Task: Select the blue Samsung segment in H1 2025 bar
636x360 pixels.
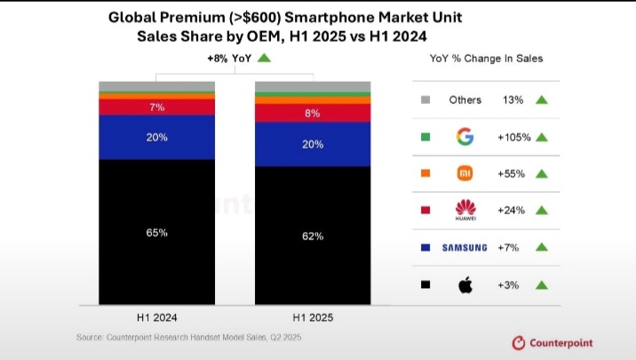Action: [x=313, y=144]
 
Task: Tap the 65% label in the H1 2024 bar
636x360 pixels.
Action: [x=156, y=232]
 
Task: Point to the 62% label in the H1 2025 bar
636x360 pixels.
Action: [x=313, y=236]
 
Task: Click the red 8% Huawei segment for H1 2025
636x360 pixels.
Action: [x=313, y=113]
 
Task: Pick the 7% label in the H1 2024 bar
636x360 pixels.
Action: [x=156, y=107]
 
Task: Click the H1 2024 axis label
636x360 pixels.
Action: [x=156, y=316]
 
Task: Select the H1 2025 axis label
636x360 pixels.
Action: [x=313, y=316]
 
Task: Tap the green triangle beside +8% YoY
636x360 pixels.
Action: [x=264, y=59]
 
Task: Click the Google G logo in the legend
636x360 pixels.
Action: [x=465, y=137]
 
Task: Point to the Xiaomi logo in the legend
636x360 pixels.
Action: [x=465, y=173]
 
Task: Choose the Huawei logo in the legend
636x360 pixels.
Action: [x=465, y=210]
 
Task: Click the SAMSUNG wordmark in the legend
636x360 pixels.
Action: [x=465, y=247]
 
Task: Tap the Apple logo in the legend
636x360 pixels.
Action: [x=465, y=284]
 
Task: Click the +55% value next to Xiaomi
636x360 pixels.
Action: [x=512, y=173]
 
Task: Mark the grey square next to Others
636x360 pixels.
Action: [x=425, y=100]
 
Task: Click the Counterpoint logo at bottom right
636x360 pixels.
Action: [x=552, y=342]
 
